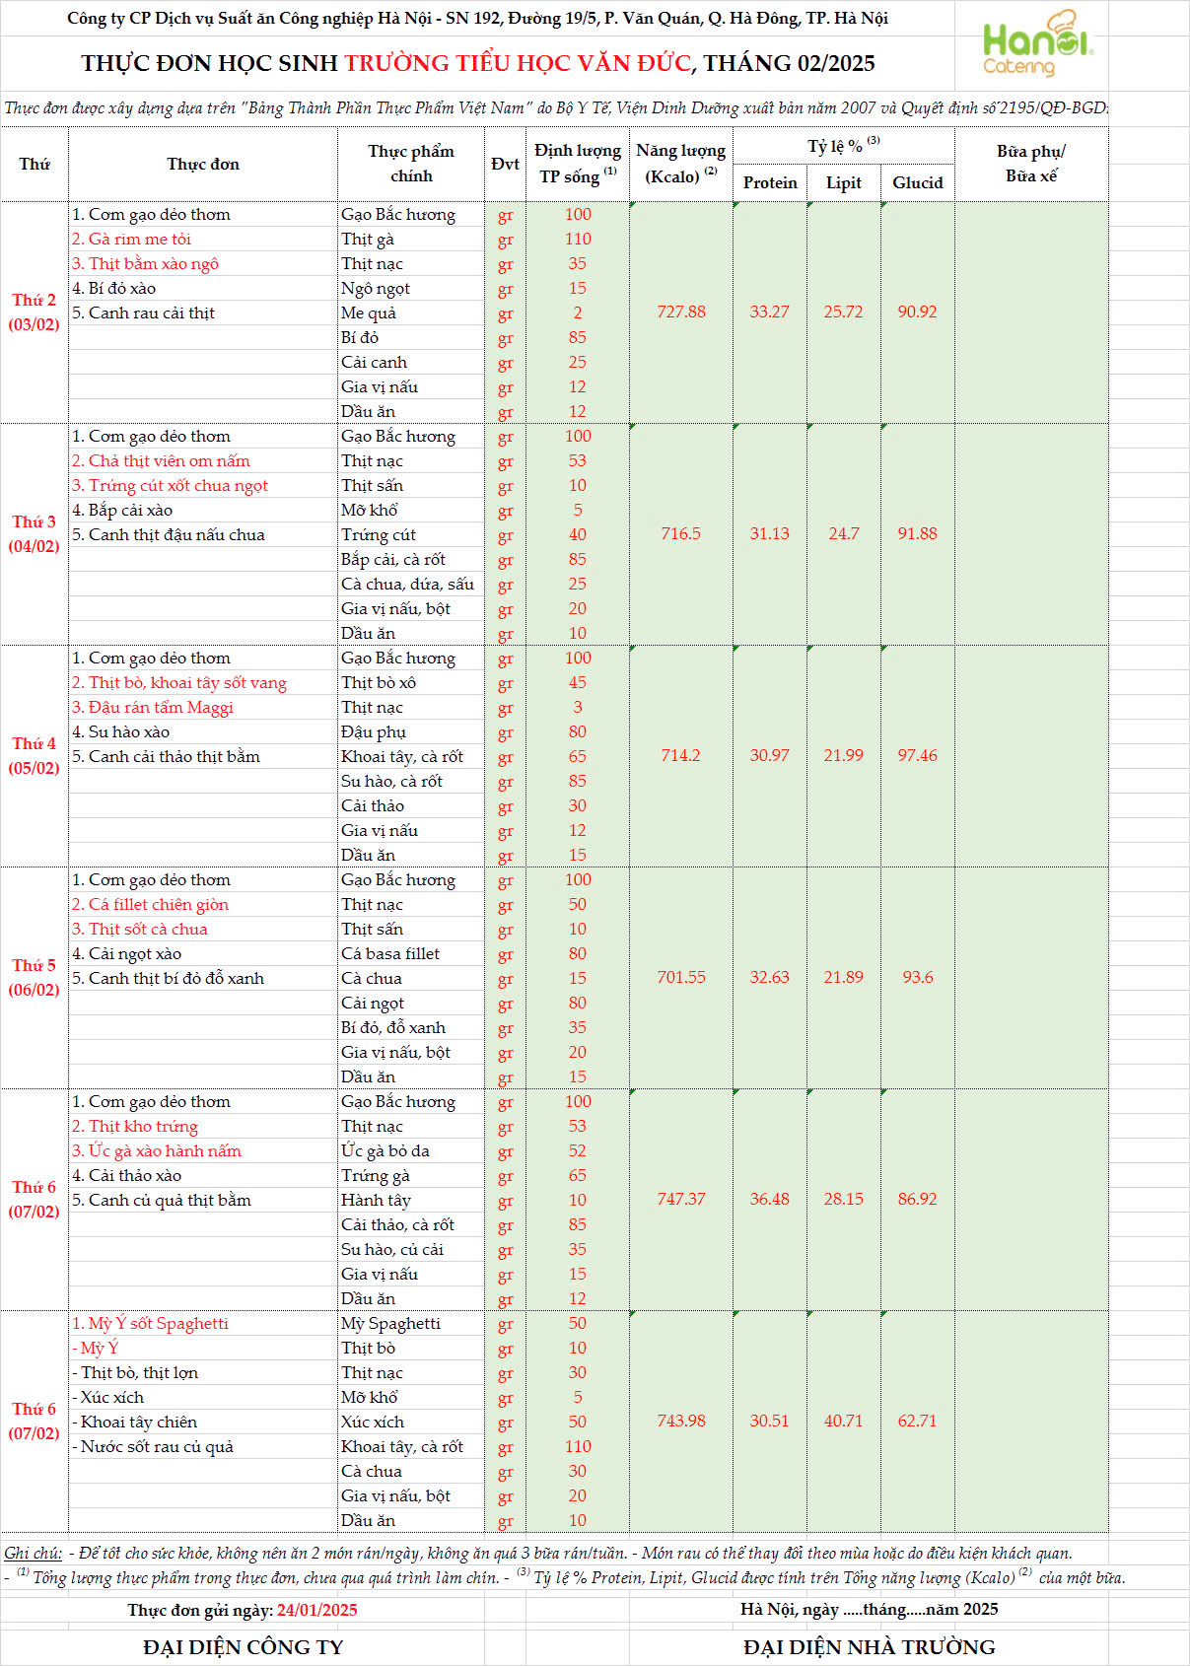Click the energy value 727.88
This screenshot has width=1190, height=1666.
681,312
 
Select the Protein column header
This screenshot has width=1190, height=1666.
770,182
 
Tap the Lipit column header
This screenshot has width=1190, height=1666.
843,182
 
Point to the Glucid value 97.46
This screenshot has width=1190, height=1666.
917,755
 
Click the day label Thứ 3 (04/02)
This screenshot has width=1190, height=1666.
34,533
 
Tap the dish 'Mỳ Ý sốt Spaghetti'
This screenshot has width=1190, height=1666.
150,1323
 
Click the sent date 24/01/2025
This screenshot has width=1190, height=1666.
316,1610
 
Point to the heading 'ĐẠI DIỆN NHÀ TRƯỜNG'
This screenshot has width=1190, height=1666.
869,1647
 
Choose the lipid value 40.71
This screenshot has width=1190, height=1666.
843,1421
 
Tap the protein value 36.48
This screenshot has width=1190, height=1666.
769,1199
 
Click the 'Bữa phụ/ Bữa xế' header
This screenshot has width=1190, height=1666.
1030,164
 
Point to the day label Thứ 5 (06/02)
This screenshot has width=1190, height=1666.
34,977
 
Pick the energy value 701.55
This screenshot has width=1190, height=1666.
681,977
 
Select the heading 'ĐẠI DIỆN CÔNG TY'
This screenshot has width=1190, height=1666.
243,1647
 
